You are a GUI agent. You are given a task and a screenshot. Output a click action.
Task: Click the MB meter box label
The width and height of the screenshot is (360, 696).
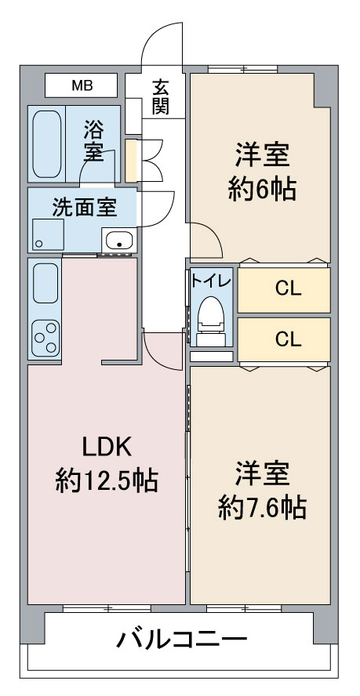(x=82, y=85)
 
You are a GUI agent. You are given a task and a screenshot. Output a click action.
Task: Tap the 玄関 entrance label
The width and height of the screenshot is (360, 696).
(x=160, y=97)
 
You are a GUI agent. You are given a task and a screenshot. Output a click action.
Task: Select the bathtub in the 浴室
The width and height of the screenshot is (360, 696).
(x=47, y=143)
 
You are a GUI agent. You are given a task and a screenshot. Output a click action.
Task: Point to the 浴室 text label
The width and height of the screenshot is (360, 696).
(x=93, y=141)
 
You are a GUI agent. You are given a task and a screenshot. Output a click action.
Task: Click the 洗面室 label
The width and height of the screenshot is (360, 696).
(x=85, y=207)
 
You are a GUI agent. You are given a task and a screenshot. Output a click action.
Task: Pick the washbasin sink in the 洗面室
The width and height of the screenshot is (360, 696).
(x=119, y=241)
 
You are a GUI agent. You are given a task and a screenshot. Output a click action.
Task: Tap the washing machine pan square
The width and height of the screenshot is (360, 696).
(x=47, y=234)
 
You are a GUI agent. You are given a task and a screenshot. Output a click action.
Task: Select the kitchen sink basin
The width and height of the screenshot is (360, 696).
(x=45, y=283)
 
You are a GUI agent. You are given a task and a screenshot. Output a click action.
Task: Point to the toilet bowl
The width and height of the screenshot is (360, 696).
(x=211, y=316)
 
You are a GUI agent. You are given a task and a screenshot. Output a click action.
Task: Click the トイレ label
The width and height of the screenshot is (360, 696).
(x=211, y=281)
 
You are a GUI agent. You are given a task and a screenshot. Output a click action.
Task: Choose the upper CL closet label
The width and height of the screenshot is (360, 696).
(x=288, y=289)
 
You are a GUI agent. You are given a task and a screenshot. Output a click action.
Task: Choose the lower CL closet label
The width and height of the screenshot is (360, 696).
(x=288, y=339)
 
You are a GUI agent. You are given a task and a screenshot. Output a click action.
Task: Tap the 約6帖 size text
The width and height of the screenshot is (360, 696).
(x=262, y=190)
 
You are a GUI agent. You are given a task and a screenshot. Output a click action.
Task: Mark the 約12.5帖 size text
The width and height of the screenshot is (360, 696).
(x=107, y=481)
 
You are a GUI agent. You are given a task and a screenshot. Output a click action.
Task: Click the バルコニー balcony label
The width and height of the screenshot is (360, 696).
(x=182, y=640)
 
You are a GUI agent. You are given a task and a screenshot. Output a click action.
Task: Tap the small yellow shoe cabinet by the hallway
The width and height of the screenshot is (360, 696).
(x=131, y=161)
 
